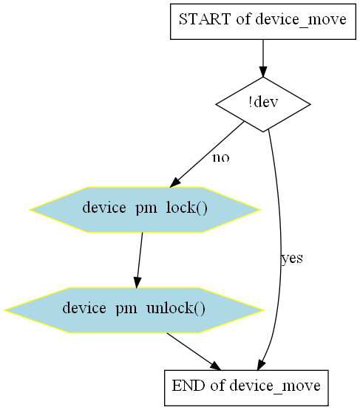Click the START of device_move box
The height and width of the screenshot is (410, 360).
point(263,21)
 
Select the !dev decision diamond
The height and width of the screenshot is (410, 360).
point(263,104)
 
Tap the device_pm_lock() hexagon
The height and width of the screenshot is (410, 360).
point(145,210)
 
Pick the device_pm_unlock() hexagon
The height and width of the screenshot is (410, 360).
point(134,310)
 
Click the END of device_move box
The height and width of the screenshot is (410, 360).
point(246,388)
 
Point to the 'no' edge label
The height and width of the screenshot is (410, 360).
point(221,157)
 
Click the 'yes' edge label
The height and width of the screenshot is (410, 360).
point(292,259)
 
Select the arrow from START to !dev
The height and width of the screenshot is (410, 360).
point(263,58)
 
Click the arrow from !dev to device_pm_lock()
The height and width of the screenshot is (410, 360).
point(207,154)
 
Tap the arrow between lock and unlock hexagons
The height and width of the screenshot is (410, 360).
point(139,260)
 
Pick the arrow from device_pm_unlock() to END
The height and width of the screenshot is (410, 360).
point(194,351)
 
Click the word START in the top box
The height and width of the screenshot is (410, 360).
point(204,19)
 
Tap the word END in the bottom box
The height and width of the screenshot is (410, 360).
point(188,386)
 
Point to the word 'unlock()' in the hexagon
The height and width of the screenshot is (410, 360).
point(176,308)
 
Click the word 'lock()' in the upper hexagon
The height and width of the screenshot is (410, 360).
point(187,208)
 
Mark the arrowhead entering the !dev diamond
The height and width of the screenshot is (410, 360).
point(263,72)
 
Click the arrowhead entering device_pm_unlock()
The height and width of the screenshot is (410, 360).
point(137,283)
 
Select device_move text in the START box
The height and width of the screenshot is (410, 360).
point(301,20)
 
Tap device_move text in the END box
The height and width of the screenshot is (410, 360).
point(275,386)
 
